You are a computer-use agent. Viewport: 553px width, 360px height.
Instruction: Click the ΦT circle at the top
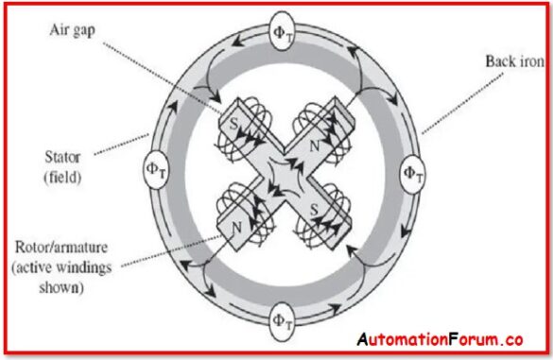pyautogui.click(x=283, y=27)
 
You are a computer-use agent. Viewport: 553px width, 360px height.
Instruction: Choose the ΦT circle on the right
pyautogui.click(x=412, y=174)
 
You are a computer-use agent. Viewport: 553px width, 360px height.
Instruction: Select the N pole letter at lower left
pyautogui.click(x=235, y=227)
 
